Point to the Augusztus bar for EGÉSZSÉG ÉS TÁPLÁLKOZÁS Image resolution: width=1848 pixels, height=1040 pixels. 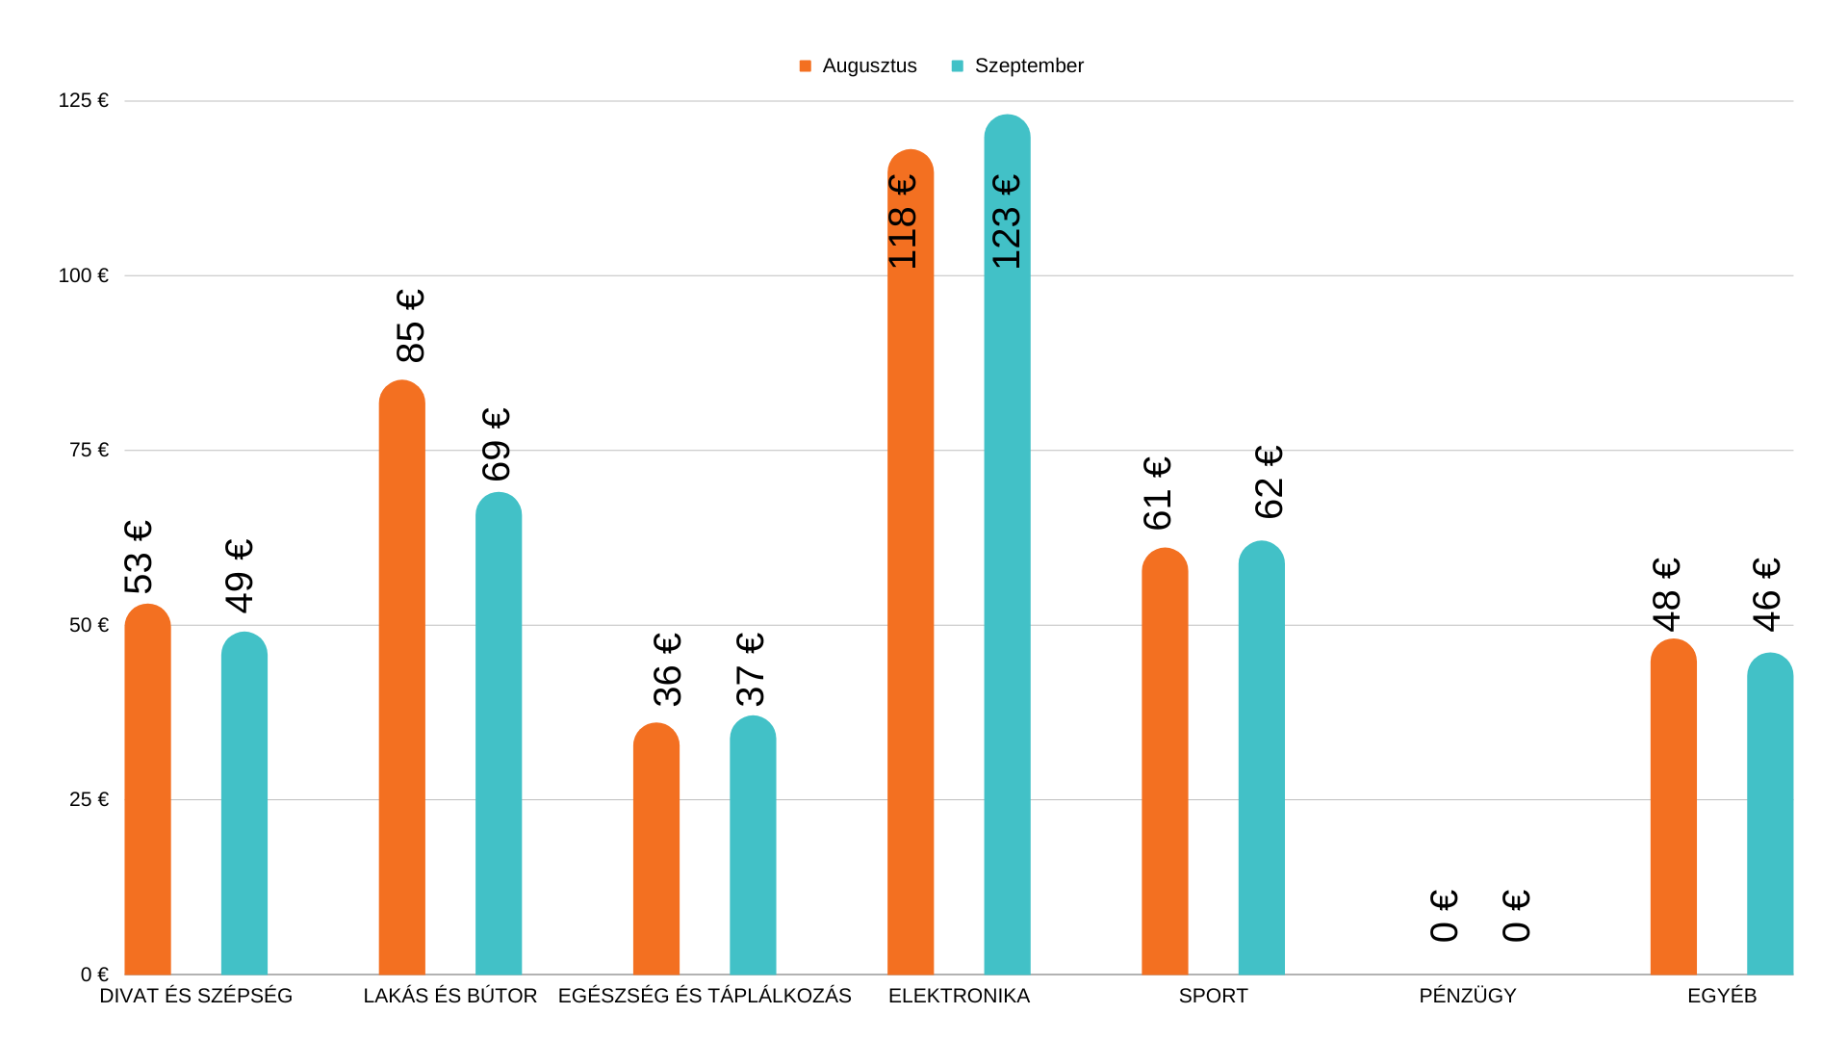tap(655, 848)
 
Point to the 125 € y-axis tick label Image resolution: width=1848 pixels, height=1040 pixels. tap(84, 100)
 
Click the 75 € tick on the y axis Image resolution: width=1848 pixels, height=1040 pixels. tap(89, 450)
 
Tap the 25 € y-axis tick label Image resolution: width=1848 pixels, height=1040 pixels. tap(89, 799)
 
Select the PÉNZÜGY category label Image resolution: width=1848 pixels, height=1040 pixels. tap(1467, 996)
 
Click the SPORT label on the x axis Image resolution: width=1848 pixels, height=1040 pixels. tap(1213, 996)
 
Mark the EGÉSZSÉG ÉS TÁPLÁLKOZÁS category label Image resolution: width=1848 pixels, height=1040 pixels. tap(705, 996)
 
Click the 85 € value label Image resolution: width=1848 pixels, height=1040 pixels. tap(411, 325)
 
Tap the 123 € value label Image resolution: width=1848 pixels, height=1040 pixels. tap(1007, 221)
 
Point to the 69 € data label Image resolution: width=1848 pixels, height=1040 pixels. tap(497, 444)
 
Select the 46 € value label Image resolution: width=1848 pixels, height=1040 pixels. tap(1767, 594)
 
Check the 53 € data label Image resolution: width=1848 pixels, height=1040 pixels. tap(140, 557)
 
